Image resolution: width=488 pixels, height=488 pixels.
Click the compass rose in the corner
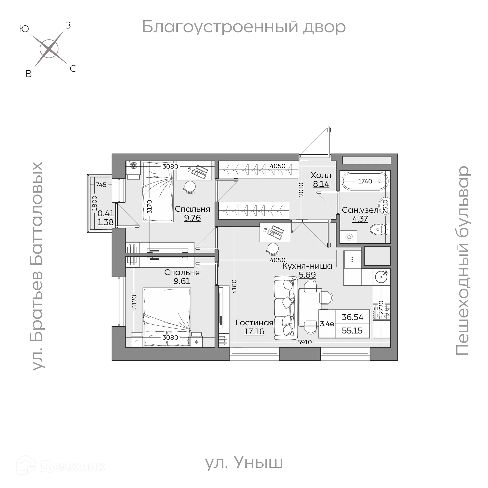pyautogui.click(x=49, y=49)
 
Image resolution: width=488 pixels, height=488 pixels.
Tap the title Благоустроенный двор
pyautogui.click(x=243, y=27)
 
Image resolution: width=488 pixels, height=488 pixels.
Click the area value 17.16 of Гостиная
pyautogui.click(x=254, y=331)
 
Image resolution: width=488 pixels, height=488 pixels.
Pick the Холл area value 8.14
pyautogui.click(x=321, y=184)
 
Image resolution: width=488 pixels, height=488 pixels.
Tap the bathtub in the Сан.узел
pyautogui.click(x=365, y=181)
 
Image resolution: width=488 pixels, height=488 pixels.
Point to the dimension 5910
pyautogui.click(x=304, y=342)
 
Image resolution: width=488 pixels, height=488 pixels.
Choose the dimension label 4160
pyautogui.click(x=234, y=286)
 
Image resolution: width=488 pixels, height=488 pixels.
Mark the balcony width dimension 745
pyautogui.click(x=101, y=185)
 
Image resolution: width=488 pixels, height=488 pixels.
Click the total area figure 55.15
pyautogui.click(x=352, y=331)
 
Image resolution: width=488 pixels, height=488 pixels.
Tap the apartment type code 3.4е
pyautogui.click(x=327, y=324)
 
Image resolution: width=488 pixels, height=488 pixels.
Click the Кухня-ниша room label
pyautogui.click(x=307, y=266)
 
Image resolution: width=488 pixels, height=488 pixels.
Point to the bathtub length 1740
pyautogui.click(x=365, y=181)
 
